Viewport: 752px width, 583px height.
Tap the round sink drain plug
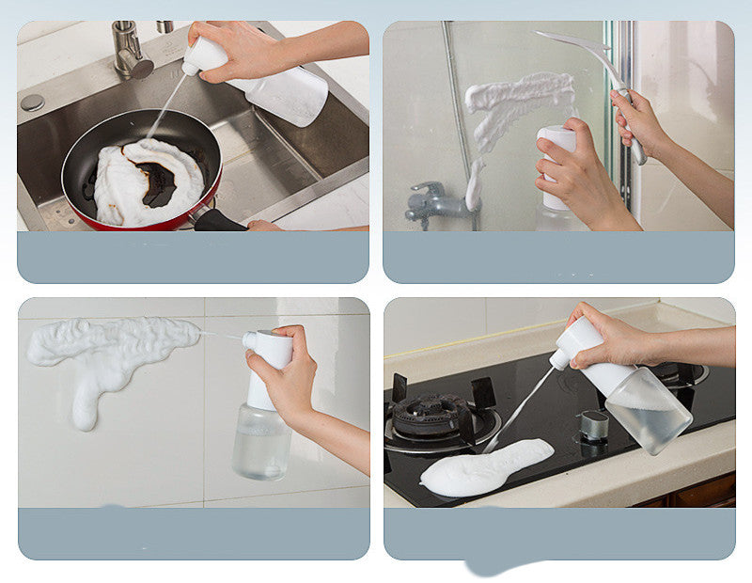pyautogui.click(x=33, y=102)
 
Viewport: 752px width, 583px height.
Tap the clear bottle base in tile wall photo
pyautogui.click(x=261, y=442)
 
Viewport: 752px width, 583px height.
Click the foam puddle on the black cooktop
pyautogui.click(x=484, y=467)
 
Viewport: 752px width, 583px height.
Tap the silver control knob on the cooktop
pyautogui.click(x=593, y=425)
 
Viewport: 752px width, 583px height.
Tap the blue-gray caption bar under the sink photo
pyautogui.click(x=193, y=257)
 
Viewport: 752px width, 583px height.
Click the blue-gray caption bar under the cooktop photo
pyautogui.click(x=558, y=533)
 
